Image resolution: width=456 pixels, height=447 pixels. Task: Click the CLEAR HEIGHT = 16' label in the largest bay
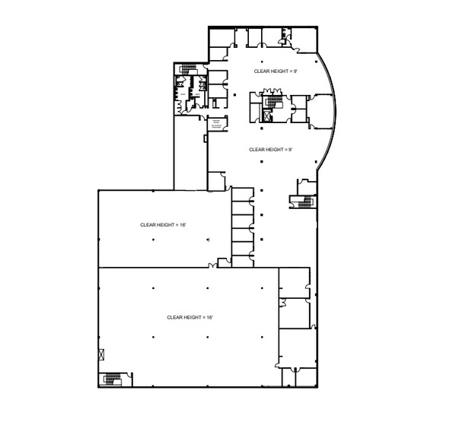[x=190, y=316]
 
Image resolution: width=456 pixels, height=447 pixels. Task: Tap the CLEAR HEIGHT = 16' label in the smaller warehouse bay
[x=163, y=224]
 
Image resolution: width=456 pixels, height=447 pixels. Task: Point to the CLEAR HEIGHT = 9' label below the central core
[x=270, y=150]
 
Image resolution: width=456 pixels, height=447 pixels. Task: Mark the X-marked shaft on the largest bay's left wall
[x=102, y=353]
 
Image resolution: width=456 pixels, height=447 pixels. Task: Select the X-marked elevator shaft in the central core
[x=266, y=116]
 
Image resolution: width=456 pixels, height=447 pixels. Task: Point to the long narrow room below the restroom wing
[x=190, y=152]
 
